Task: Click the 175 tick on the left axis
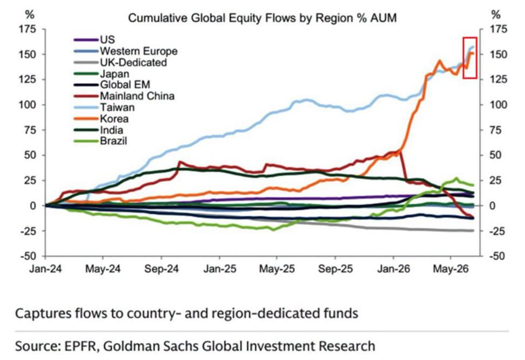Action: (x=28, y=29)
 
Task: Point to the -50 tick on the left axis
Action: (x=28, y=256)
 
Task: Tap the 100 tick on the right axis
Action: (x=498, y=104)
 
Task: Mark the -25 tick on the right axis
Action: (x=498, y=231)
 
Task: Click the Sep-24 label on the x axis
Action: (x=161, y=269)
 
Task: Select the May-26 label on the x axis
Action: (x=450, y=269)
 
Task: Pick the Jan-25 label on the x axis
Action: (x=220, y=269)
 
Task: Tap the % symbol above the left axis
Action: (x=30, y=15)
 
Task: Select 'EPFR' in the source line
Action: (x=82, y=346)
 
